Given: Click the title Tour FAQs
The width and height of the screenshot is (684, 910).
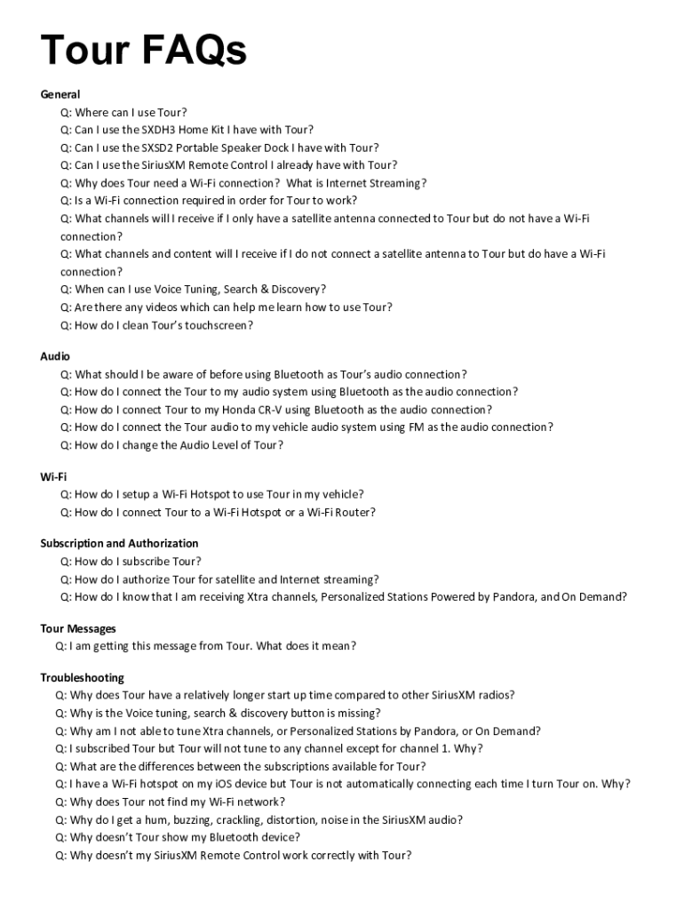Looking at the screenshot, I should coord(143,51).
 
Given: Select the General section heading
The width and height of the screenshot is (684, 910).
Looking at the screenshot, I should coord(60,94).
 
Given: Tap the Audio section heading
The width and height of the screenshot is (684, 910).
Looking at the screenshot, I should coord(55,356).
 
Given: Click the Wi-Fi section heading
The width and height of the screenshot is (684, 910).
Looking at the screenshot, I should coord(53,476).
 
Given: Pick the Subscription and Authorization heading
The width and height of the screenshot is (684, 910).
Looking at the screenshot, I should coord(119,543).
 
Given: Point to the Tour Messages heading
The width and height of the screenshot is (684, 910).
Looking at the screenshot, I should coord(78,628).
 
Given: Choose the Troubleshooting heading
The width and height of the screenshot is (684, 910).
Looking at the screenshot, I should coord(82,678).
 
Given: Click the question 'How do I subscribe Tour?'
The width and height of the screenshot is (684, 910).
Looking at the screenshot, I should coord(131,561).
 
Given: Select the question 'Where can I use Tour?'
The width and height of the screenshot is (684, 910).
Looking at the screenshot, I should coord(123,112).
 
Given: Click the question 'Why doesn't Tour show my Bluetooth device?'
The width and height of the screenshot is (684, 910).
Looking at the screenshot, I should coord(178,837).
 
